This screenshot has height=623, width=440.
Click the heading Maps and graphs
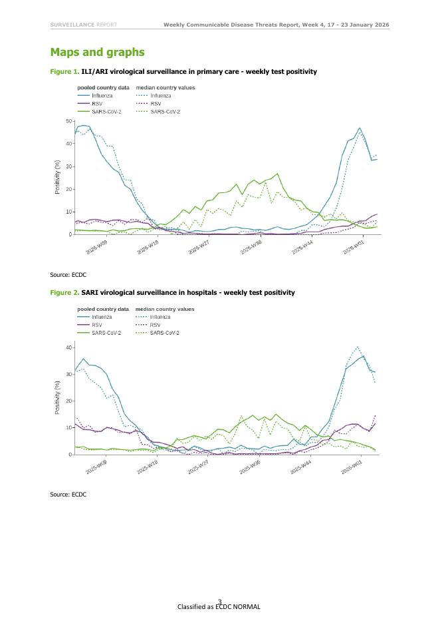[x=97, y=52]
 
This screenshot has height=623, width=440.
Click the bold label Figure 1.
[x=64, y=71]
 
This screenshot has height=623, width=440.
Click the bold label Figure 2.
[x=64, y=292]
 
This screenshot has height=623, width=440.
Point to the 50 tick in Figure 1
[x=69, y=121]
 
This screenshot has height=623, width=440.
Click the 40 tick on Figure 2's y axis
[x=69, y=347]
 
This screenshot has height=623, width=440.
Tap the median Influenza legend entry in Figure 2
[x=160, y=317]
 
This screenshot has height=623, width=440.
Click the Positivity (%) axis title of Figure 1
[x=58, y=177]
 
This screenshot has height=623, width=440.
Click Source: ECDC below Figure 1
[x=68, y=274]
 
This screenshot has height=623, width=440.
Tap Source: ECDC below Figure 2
[x=68, y=495]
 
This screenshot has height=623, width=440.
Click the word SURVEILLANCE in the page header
[x=72, y=25]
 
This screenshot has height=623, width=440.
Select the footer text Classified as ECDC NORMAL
[x=219, y=607]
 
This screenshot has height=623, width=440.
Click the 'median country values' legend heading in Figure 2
[x=165, y=309]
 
